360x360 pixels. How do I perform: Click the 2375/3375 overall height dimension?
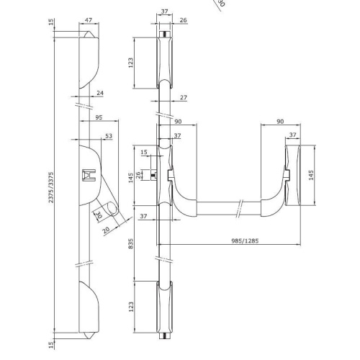[51, 187]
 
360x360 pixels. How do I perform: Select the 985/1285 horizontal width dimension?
[245, 240]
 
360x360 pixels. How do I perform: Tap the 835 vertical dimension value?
[131, 243]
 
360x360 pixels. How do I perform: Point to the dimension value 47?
[89, 20]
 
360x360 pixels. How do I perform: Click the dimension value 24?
[100, 93]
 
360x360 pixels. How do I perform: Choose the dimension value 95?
[99, 117]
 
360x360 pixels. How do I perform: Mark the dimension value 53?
[109, 136]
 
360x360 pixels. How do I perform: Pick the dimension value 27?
[184, 97]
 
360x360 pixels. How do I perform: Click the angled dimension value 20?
[106, 230]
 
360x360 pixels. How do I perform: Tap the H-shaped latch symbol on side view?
[89, 175]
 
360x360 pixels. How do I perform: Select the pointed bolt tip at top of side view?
[89, 35]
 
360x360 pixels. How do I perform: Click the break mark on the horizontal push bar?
[240, 208]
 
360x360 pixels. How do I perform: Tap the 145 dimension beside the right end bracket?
[311, 175]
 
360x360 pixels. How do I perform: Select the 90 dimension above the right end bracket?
[280, 122]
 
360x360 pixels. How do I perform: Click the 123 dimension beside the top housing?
[131, 63]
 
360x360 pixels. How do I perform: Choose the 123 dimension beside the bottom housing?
[131, 307]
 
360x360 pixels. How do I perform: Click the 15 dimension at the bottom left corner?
[51, 345]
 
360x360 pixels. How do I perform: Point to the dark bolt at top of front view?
[165, 34]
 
